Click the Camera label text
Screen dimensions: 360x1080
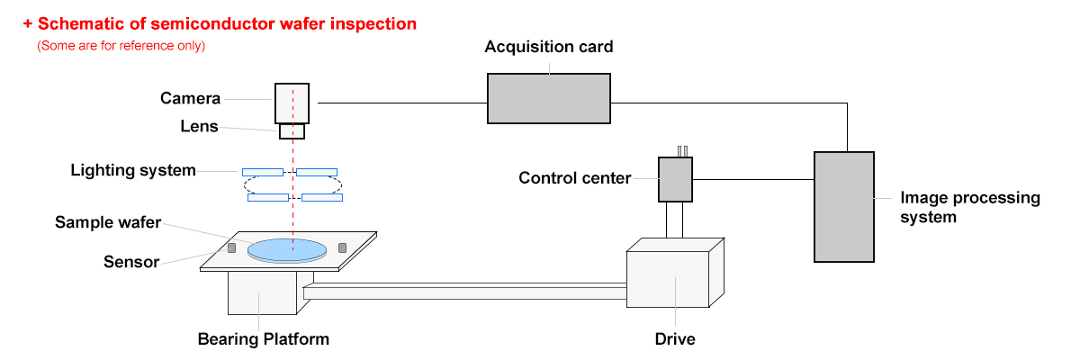point(190,98)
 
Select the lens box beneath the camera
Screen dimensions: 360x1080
point(292,131)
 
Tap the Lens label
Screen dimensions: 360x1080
point(199,127)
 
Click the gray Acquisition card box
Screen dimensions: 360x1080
point(548,97)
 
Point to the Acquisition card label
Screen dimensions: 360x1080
point(549,47)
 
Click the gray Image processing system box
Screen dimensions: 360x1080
point(844,206)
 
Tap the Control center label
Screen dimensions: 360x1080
point(575,178)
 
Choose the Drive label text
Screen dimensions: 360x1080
point(675,339)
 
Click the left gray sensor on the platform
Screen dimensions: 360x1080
point(231,247)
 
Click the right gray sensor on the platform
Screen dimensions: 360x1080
point(342,247)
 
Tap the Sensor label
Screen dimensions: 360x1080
point(131,263)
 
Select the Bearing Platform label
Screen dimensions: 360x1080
point(264,339)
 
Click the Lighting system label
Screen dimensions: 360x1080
point(133,170)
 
